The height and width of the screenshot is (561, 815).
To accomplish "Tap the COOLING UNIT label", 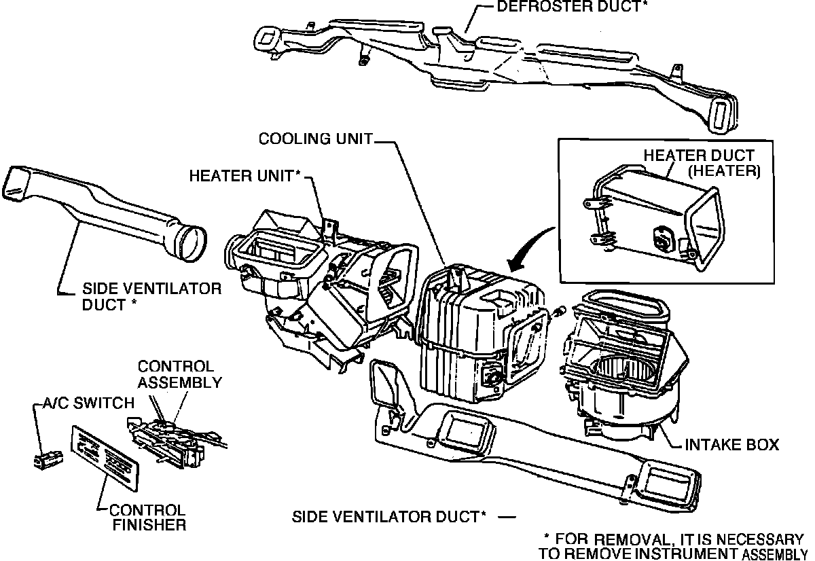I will point(316,139).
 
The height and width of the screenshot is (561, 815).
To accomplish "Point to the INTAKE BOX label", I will point(731,445).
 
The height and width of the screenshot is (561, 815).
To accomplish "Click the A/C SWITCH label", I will point(85,403).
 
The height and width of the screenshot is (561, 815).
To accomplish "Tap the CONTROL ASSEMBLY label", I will point(180,374).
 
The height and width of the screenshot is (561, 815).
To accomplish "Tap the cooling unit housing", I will point(475,333).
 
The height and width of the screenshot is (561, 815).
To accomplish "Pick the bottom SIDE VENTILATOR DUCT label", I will point(389,517).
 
